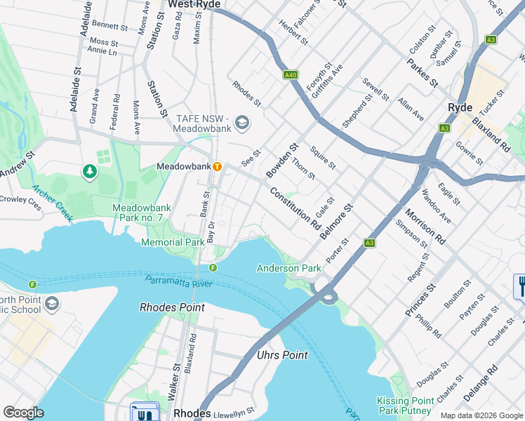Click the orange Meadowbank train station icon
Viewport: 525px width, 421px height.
tap(218, 167)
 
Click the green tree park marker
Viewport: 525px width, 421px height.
tap(89, 171)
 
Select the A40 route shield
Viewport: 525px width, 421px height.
tap(291, 74)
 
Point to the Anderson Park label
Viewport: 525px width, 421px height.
tap(288, 268)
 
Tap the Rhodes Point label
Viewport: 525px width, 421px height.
tap(172, 307)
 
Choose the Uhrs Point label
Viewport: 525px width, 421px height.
tap(282, 355)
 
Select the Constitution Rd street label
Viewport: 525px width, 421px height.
tap(295, 209)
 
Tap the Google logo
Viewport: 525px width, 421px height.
tap(23, 413)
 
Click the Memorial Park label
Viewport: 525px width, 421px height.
tap(172, 242)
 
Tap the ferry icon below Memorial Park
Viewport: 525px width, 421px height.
tap(212, 267)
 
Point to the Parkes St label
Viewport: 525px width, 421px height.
tap(422, 72)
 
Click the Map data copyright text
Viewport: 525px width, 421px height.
tap(481, 415)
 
